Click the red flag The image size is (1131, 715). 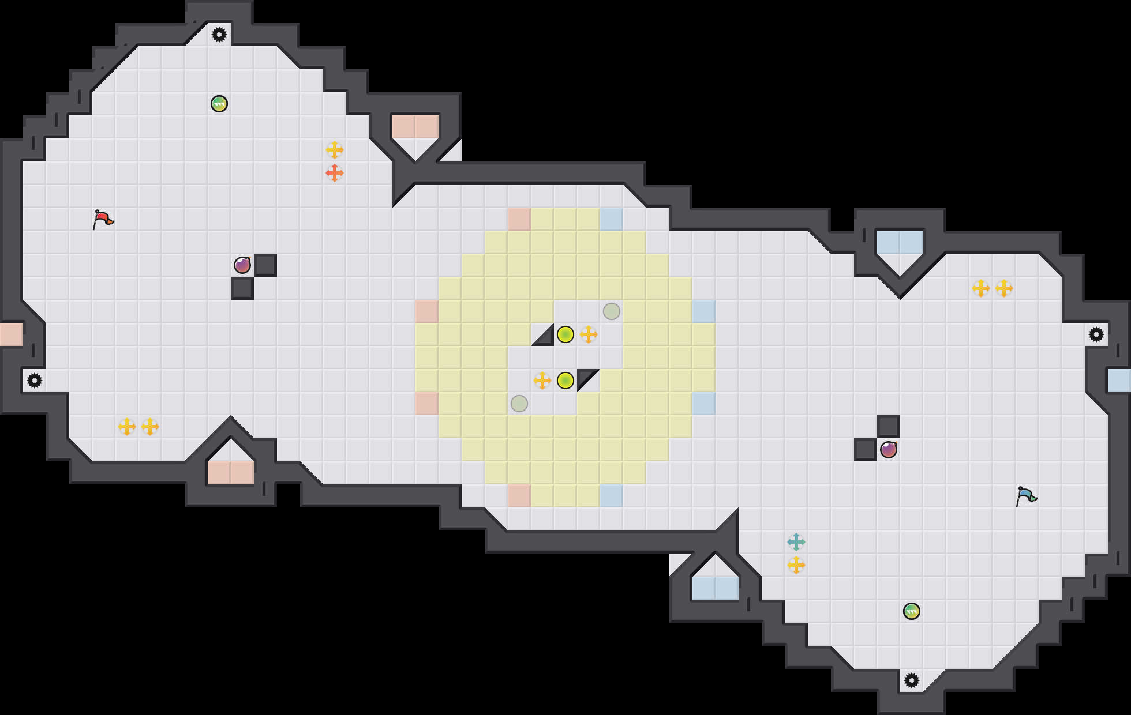[103, 219]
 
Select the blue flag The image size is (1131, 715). [1026, 496]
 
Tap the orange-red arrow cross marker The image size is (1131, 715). [335, 173]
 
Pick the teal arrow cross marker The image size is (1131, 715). [796, 542]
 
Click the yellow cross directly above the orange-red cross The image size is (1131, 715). [335, 150]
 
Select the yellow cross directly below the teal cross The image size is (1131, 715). [796, 565]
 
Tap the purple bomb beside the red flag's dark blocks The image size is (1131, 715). [242, 265]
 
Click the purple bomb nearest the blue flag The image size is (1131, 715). [889, 450]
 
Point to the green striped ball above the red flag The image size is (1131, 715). [219, 104]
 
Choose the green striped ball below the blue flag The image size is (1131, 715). [912, 611]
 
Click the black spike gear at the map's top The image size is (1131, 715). [219, 35]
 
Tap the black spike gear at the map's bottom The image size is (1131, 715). [912, 680]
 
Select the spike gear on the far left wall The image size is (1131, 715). [35, 381]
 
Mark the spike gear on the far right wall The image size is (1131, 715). [1096, 334]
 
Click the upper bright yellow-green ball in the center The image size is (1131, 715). [565, 334]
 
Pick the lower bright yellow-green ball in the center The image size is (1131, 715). [565, 381]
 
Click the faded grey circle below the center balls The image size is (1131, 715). [519, 404]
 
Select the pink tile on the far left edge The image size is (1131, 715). [11, 334]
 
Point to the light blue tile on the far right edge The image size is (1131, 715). [1119, 381]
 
